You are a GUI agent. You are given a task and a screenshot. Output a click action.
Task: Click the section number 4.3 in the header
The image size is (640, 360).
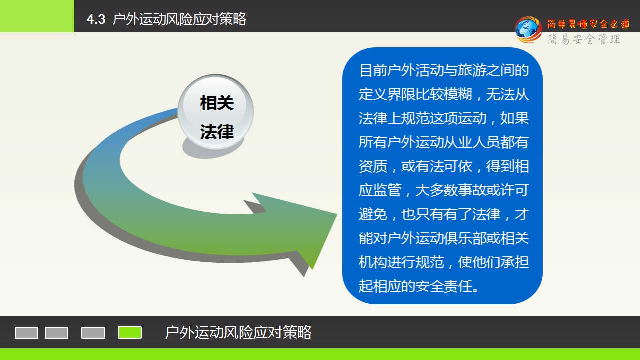point(96,19)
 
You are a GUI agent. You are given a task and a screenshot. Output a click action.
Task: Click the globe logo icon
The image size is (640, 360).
point(528,30)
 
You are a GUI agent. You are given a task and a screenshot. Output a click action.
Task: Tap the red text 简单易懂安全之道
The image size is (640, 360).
point(588,24)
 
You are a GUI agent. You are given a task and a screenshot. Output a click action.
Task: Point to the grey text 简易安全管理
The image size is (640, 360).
point(584,39)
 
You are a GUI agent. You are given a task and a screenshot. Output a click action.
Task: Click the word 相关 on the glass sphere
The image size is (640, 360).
point(217,103)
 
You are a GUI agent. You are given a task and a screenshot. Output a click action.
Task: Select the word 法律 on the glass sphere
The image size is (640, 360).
point(217,132)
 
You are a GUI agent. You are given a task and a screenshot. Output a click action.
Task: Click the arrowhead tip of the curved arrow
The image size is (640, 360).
point(337,214)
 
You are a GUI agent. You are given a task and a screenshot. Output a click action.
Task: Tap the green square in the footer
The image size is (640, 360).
point(130,333)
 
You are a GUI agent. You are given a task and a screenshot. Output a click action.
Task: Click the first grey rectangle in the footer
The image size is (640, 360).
point(26,333)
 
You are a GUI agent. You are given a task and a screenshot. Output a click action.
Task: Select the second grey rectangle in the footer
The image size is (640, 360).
point(56,333)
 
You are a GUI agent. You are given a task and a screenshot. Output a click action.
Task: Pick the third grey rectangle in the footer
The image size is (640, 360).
point(93,333)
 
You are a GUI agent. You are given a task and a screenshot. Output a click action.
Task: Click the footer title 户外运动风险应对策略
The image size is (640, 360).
point(238,332)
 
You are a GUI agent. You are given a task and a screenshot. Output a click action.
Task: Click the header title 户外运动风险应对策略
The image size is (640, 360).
point(179,19)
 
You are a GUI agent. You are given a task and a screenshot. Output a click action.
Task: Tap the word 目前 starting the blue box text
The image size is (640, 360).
point(373,70)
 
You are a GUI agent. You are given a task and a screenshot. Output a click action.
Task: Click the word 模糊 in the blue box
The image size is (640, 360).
point(458,94)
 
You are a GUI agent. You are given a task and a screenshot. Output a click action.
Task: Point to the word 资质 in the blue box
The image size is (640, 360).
point(373,166)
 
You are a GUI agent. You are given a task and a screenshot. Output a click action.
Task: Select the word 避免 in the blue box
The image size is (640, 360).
point(373,214)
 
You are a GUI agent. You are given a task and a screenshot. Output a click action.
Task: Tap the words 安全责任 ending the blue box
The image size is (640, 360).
point(444,286)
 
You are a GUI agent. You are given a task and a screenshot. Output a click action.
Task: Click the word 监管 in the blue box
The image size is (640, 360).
point(387,190)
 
